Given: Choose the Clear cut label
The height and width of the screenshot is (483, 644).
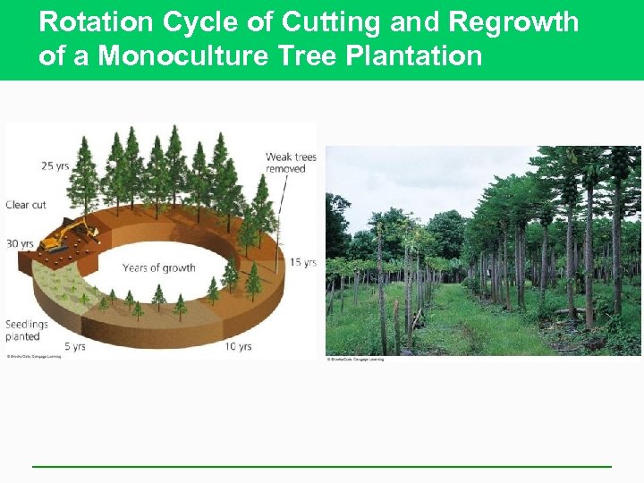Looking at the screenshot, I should pos(26,205).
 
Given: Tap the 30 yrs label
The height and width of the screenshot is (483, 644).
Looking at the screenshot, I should pos(21,244).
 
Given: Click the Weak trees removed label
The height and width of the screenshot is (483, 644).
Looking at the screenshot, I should pos(291,163).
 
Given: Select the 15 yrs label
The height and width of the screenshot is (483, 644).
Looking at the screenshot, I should pos(302,262).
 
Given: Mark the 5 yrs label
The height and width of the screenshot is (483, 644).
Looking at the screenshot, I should pos(74,346).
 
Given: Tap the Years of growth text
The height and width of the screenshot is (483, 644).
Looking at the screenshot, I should pos(159,267).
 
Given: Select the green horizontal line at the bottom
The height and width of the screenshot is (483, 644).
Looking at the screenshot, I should pos(322,466).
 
